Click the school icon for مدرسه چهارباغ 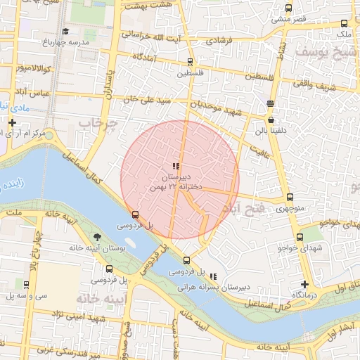pos(65,31)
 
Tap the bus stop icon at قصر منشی pos(288,8)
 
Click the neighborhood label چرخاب pos(96,123)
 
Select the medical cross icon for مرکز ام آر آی pos(12,123)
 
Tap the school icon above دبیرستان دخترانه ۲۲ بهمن pos(176,166)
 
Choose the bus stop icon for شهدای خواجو pos(300,238)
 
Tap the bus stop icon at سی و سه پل pos(26,285)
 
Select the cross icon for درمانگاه pos(304,283)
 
